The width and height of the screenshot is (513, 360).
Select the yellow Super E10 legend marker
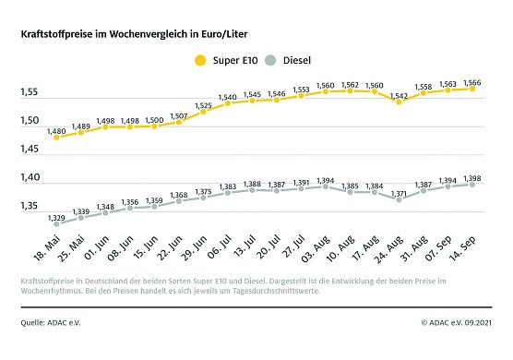click(200, 61)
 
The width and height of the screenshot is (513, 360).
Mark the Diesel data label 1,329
click(56, 217)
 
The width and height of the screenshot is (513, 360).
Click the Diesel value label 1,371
click(399, 193)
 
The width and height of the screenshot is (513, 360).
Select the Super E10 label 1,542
click(399, 95)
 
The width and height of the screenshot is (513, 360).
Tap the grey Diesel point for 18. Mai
click(56, 223)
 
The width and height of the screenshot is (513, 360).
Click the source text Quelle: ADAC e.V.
click(54, 323)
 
